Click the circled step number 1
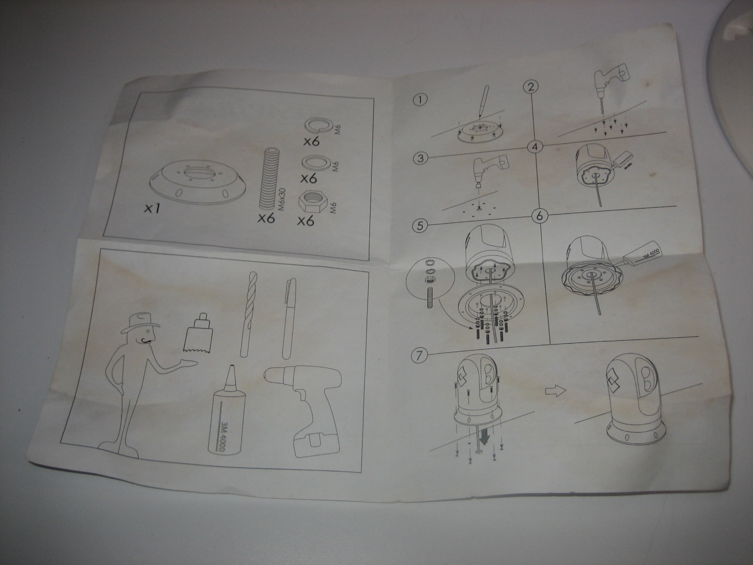(420, 100)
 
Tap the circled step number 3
(421, 159)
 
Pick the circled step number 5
(421, 226)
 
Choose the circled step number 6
(539, 217)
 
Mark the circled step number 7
(419, 356)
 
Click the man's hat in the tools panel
(140, 323)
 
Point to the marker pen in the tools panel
(288, 318)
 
